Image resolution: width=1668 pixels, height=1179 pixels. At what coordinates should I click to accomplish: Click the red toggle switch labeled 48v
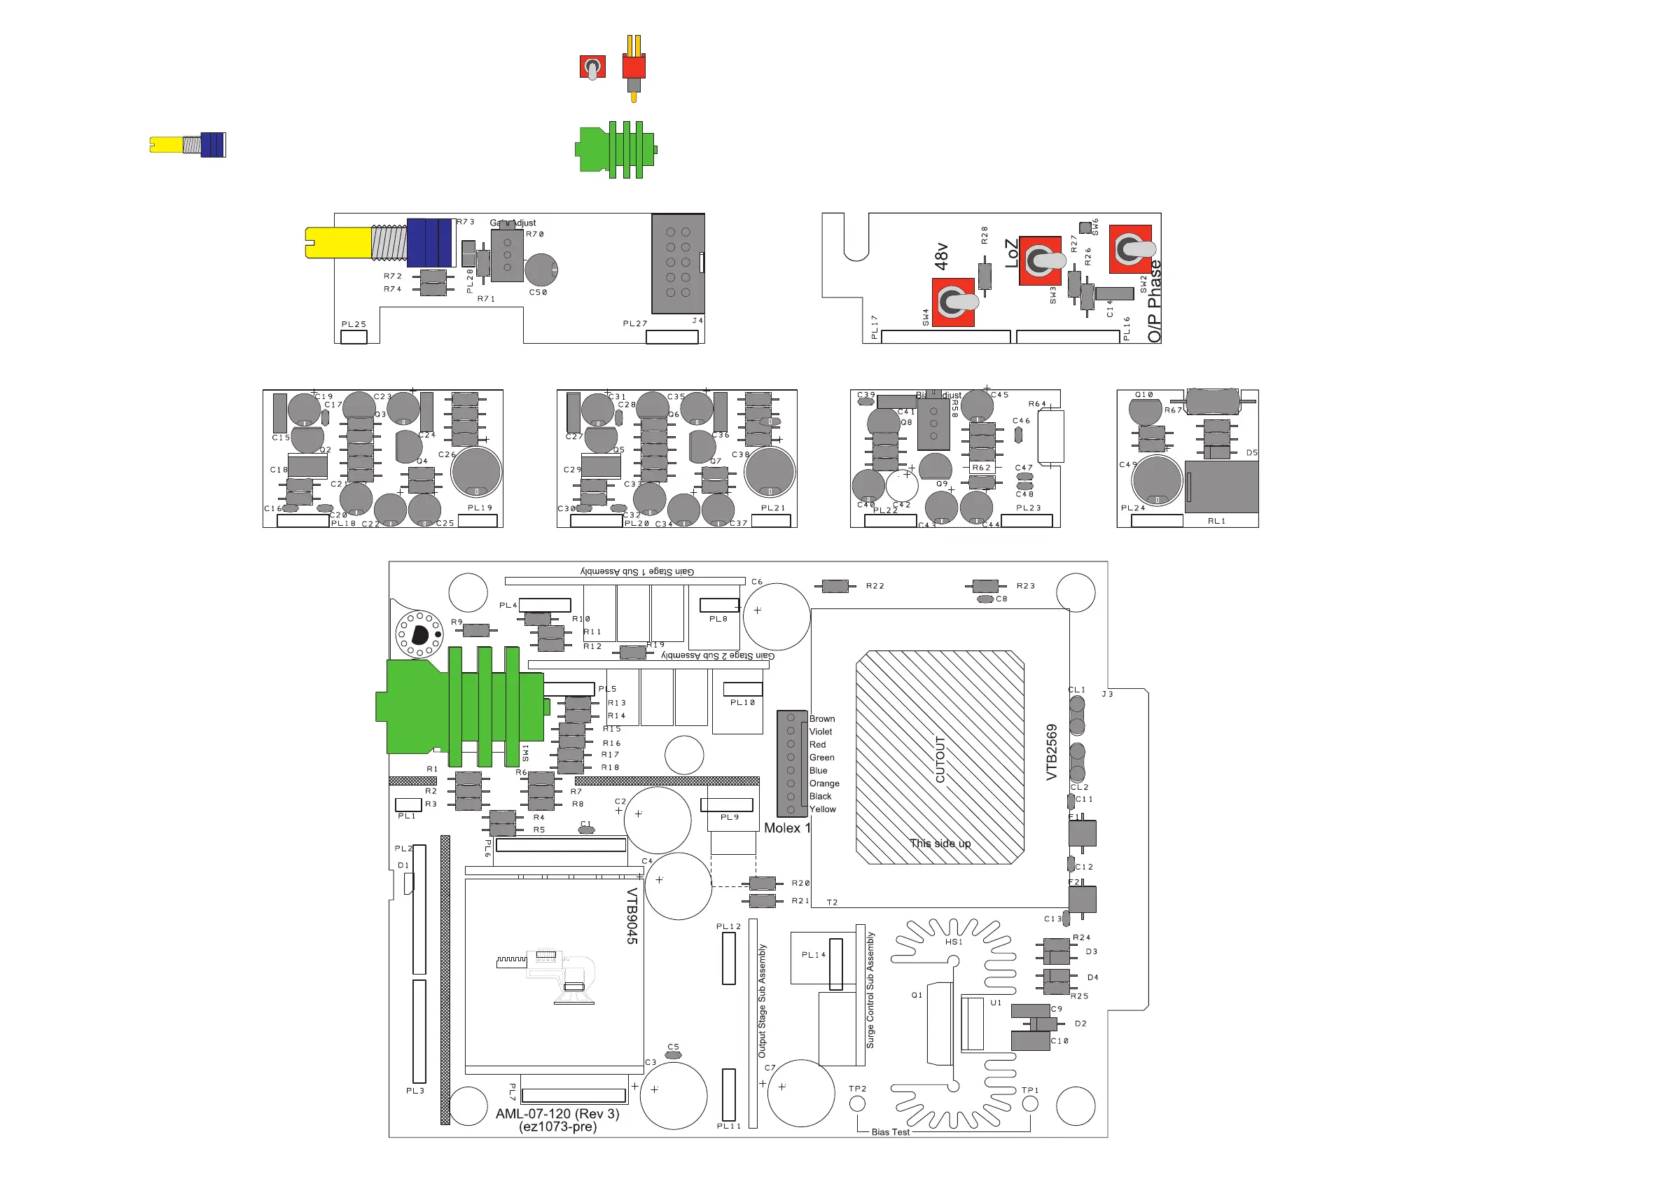(x=952, y=302)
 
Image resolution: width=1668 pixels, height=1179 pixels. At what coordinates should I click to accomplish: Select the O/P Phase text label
(x=1155, y=302)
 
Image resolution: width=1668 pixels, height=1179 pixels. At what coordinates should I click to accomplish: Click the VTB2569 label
(x=1051, y=752)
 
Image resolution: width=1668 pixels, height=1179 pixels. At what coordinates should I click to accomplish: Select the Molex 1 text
(x=787, y=828)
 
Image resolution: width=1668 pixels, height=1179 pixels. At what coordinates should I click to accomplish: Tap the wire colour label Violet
(x=821, y=732)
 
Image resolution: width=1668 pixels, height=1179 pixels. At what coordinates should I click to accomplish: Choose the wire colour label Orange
(x=825, y=783)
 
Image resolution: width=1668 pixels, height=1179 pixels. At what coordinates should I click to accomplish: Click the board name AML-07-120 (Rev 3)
(x=557, y=1114)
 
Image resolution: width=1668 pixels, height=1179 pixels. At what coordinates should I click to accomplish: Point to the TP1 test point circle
(x=1030, y=1104)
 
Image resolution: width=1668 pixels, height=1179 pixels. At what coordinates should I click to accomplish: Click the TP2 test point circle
(x=857, y=1103)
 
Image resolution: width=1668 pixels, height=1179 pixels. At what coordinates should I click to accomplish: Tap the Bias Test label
(x=890, y=1132)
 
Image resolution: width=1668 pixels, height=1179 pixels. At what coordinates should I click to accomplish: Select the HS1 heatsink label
(x=954, y=942)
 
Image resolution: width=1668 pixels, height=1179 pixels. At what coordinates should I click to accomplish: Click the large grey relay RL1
(x=1222, y=486)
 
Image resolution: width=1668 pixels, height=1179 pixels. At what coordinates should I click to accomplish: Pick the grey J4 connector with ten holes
(x=678, y=263)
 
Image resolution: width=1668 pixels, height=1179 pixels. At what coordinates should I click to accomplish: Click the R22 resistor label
(x=875, y=585)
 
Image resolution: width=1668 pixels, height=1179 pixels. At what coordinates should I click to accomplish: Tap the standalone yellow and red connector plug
(x=634, y=67)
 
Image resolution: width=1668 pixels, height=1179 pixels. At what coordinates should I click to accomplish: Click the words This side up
(x=940, y=844)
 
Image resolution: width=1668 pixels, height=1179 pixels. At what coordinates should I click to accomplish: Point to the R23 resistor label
(x=1025, y=585)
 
